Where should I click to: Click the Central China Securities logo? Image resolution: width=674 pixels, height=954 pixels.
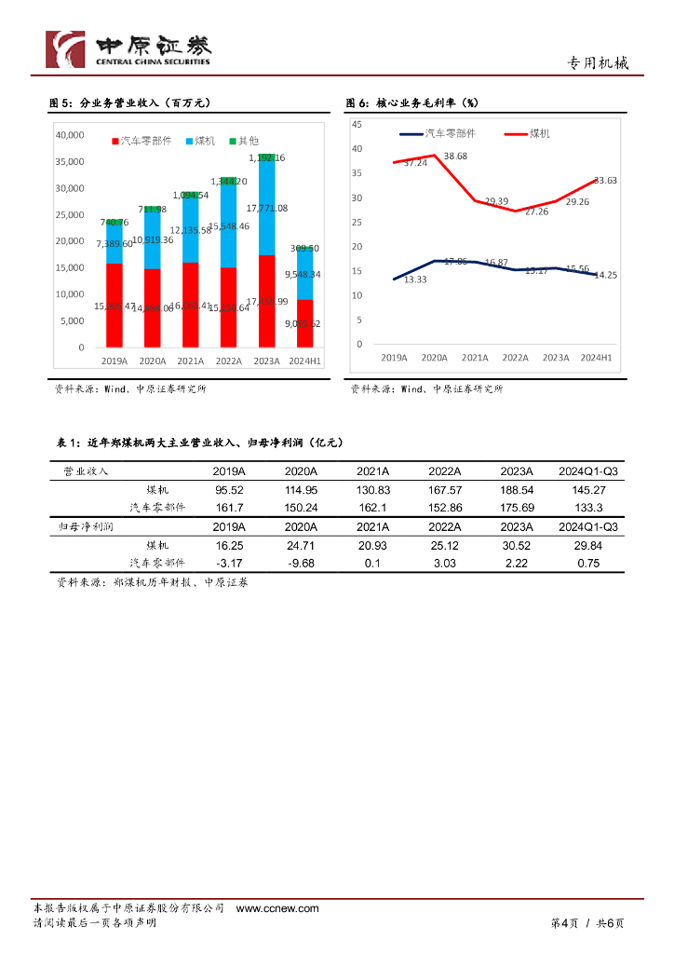pos(129,49)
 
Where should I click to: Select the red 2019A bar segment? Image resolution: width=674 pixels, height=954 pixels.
pos(114,298)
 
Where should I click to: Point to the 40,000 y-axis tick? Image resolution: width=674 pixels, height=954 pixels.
pos(71,135)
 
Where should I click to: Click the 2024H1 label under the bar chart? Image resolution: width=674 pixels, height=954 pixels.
pos(304,361)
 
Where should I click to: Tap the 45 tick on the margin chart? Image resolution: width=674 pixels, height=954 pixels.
pos(357,124)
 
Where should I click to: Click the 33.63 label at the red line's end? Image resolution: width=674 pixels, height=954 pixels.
pos(605,180)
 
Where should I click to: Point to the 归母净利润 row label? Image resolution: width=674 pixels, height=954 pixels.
pos(86,526)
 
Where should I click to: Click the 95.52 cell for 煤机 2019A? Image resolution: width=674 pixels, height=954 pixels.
pos(228,489)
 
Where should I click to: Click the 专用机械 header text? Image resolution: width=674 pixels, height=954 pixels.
pos(598,63)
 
